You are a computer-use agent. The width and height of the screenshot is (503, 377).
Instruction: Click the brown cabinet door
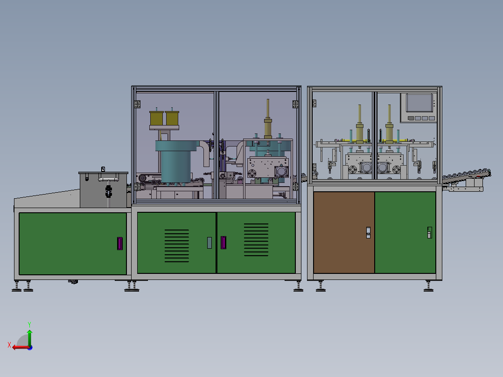point(344,232)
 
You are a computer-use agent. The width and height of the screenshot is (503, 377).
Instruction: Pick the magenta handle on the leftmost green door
point(120,243)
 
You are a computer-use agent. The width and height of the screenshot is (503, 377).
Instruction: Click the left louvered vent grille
point(177,245)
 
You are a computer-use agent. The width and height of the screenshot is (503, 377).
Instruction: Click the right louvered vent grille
point(256,240)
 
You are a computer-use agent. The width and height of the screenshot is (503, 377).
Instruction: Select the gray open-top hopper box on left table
point(103,189)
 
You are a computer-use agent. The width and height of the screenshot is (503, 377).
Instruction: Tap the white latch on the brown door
point(368,232)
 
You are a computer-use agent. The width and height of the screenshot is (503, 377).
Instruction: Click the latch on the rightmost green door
point(429,232)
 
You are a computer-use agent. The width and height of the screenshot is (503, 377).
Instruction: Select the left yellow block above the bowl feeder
point(156,118)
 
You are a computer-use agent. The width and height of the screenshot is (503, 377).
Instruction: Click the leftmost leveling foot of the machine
point(17,288)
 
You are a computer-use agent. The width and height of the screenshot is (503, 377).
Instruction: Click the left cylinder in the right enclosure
point(360,124)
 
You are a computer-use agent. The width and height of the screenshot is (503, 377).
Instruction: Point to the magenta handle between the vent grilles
point(223,243)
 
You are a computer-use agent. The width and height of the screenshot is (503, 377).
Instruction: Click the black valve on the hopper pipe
point(109,191)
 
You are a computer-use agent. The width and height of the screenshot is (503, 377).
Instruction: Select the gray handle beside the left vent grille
point(209,242)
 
